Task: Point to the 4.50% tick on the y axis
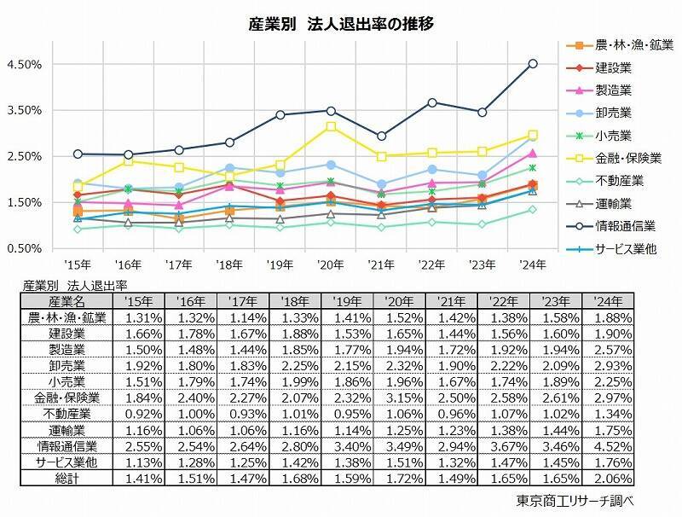pyautogui.click(x=24, y=65)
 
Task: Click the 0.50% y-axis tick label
pyautogui.click(x=24, y=249)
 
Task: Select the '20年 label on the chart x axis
pyautogui.click(x=331, y=264)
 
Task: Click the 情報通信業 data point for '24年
pyautogui.click(x=533, y=63)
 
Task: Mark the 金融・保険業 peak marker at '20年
pyautogui.click(x=331, y=126)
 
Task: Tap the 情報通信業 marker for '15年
pyautogui.click(x=78, y=154)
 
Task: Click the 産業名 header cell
pyautogui.click(x=66, y=301)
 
